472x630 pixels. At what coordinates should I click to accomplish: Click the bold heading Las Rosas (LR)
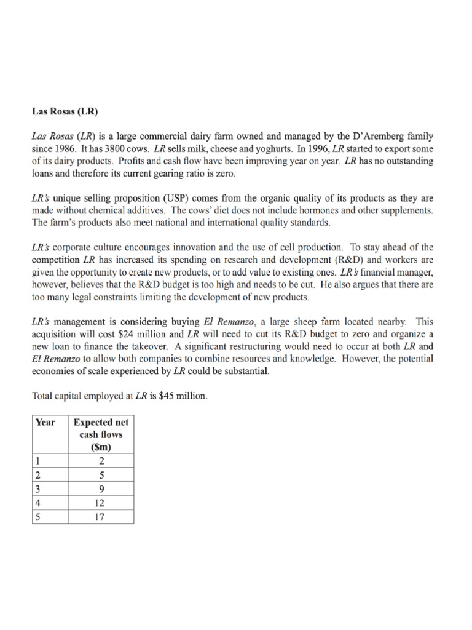65,112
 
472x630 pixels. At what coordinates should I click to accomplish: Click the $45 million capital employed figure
183,396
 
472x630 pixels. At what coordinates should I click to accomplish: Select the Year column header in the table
45,422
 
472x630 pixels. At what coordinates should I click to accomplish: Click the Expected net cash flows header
101,434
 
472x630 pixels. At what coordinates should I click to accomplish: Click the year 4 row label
37,503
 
